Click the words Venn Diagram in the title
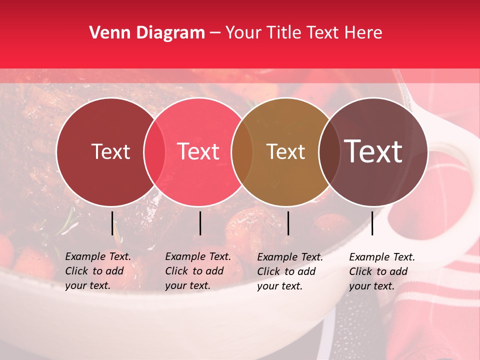(147, 33)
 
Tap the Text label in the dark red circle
(110, 152)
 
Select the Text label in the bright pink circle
(198, 152)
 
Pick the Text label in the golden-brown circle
(286, 152)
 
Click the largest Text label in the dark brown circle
(373, 151)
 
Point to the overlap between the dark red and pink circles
(154, 152)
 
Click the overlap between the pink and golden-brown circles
(242, 152)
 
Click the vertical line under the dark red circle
(112, 223)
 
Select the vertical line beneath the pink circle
(200, 223)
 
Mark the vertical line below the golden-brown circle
(288, 223)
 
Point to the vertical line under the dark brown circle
(372, 223)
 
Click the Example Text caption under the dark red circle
(98, 271)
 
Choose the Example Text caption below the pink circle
(198, 271)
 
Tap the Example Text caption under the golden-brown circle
(290, 271)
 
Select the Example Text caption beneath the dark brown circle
(382, 271)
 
